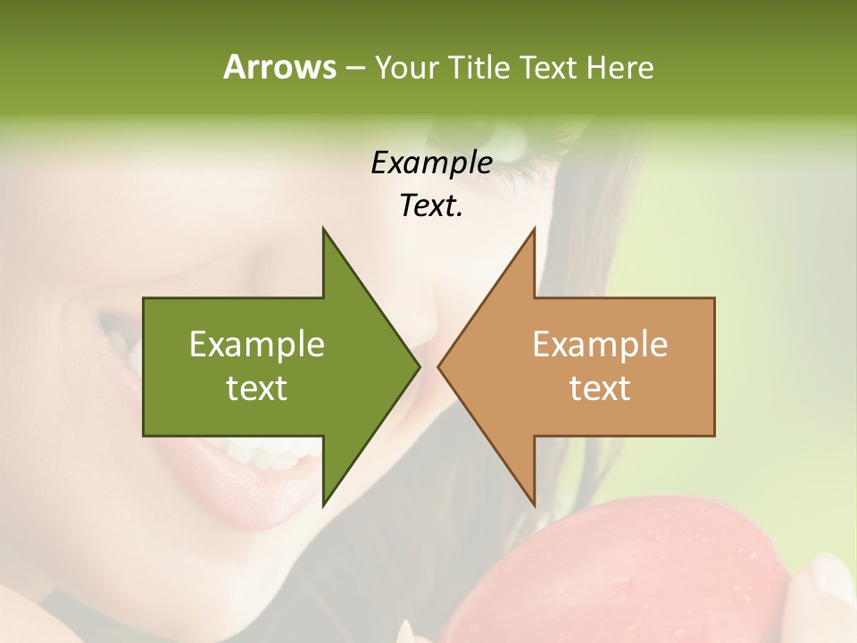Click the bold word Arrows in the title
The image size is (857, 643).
279,67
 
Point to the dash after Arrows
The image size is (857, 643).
354,68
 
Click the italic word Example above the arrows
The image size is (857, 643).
431,163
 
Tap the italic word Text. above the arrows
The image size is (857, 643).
431,206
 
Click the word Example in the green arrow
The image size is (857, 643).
257,345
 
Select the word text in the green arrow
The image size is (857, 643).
257,388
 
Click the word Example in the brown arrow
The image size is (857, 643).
600,345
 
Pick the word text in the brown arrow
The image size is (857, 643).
600,388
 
